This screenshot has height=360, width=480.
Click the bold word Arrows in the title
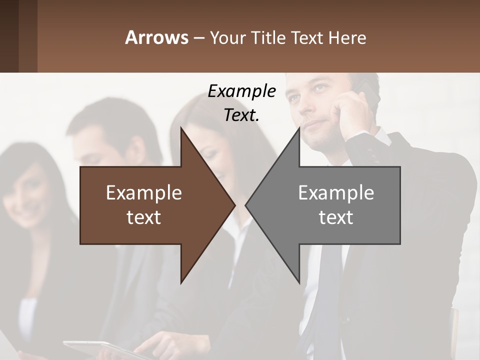click(x=156, y=37)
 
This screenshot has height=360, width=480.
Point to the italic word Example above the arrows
click(x=241, y=91)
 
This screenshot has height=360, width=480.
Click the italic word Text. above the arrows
click(x=241, y=115)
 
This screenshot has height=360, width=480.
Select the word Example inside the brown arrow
click(x=144, y=192)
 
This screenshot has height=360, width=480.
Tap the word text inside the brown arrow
click(x=144, y=217)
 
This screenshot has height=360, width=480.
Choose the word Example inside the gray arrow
click(x=336, y=192)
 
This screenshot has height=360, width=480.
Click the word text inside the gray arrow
click(x=336, y=217)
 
